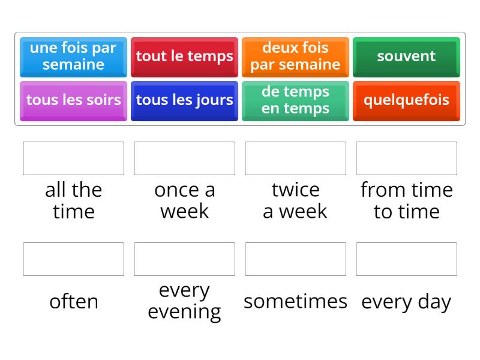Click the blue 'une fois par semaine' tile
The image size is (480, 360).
(x=73, y=56)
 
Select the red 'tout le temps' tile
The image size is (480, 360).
(x=184, y=56)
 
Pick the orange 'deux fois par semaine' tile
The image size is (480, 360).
(x=295, y=56)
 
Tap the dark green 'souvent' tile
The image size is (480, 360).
(x=406, y=56)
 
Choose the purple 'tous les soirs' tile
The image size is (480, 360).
(x=73, y=100)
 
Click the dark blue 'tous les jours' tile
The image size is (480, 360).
(x=184, y=100)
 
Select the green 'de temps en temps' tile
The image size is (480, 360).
(x=295, y=100)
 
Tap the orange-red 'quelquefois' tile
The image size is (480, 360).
(x=406, y=100)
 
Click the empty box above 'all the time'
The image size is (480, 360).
(x=73, y=158)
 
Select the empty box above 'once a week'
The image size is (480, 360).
(x=184, y=158)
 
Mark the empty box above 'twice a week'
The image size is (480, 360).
(x=295, y=158)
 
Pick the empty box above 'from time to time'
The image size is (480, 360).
(x=406, y=158)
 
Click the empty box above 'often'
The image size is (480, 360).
(x=73, y=259)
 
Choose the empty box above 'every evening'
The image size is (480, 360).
(x=184, y=259)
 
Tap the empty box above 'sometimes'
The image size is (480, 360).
(x=295, y=259)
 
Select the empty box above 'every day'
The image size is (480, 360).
(x=406, y=259)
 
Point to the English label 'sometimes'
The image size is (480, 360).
(x=295, y=301)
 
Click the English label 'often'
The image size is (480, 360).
(x=73, y=301)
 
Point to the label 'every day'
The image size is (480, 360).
(x=406, y=302)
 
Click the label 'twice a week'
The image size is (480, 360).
(x=295, y=200)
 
